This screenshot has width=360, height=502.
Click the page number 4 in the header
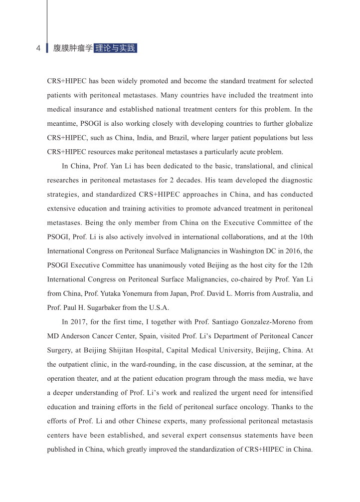[x=38, y=48]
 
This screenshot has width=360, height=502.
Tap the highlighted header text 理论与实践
[x=115, y=48]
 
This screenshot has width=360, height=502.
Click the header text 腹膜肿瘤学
[x=73, y=48]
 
